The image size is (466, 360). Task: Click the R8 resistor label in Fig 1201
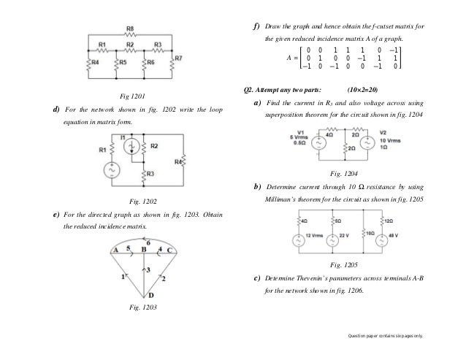point(130,28)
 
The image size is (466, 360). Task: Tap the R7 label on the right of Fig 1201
point(179,57)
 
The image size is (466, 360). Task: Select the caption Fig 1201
point(132,96)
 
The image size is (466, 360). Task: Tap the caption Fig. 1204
point(344,173)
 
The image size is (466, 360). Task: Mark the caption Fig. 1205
point(344,264)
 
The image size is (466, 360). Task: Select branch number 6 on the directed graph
point(149,242)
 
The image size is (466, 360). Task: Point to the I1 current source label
point(123,137)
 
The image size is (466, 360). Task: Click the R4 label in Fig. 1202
point(178,161)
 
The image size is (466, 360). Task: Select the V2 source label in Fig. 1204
point(382,132)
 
